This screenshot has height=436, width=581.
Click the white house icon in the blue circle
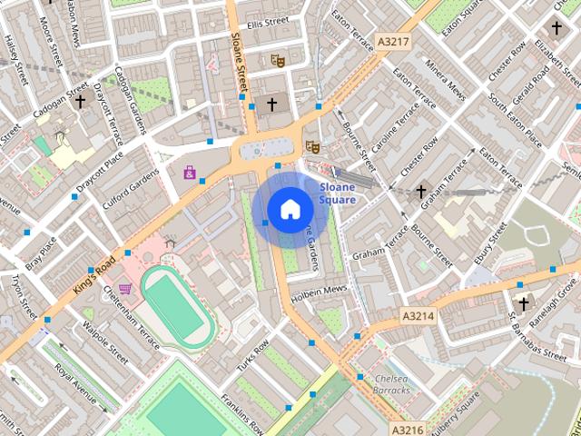pos(290,210)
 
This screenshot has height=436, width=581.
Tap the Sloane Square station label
pos(337,193)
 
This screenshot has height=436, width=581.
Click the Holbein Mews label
pos(319,293)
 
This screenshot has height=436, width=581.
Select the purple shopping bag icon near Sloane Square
pos(190,172)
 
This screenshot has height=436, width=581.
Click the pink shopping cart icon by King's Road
pos(124,289)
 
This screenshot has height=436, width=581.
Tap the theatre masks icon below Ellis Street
pos(279,61)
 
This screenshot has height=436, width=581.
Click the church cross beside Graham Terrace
pos(420,192)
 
